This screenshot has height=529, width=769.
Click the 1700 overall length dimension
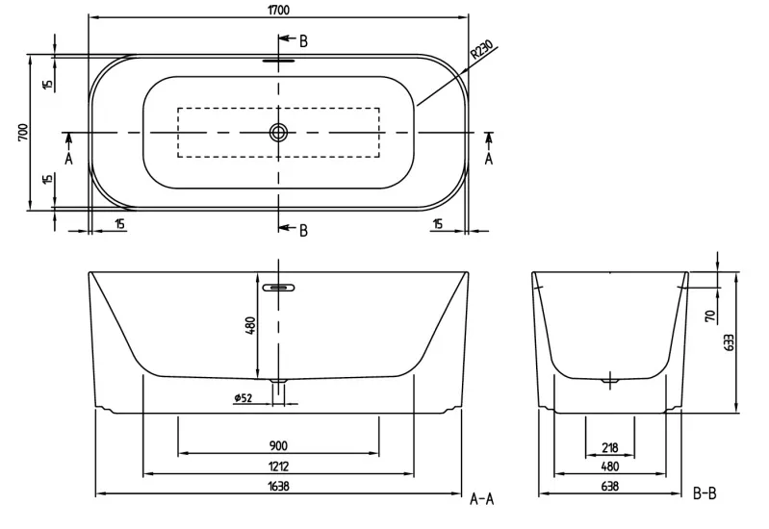278,10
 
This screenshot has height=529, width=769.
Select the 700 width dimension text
23,133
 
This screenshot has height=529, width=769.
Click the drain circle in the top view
278,132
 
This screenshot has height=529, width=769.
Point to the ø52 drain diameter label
243,397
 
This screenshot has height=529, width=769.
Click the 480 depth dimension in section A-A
250,325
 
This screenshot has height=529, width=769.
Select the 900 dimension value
278,445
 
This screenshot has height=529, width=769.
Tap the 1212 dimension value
278,466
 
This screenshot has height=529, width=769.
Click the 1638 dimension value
278,487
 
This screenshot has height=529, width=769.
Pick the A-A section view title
481,499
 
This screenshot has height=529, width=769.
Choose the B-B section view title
705,493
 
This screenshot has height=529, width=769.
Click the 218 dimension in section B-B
609,447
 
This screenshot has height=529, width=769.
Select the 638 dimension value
609,487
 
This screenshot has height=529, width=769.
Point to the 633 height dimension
729,342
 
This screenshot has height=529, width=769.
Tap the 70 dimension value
710,316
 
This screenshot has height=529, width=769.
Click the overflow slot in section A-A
278,288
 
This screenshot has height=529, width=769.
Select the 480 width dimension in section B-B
609,466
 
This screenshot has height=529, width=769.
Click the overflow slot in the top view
278,61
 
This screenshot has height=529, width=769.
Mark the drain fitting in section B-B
610,380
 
